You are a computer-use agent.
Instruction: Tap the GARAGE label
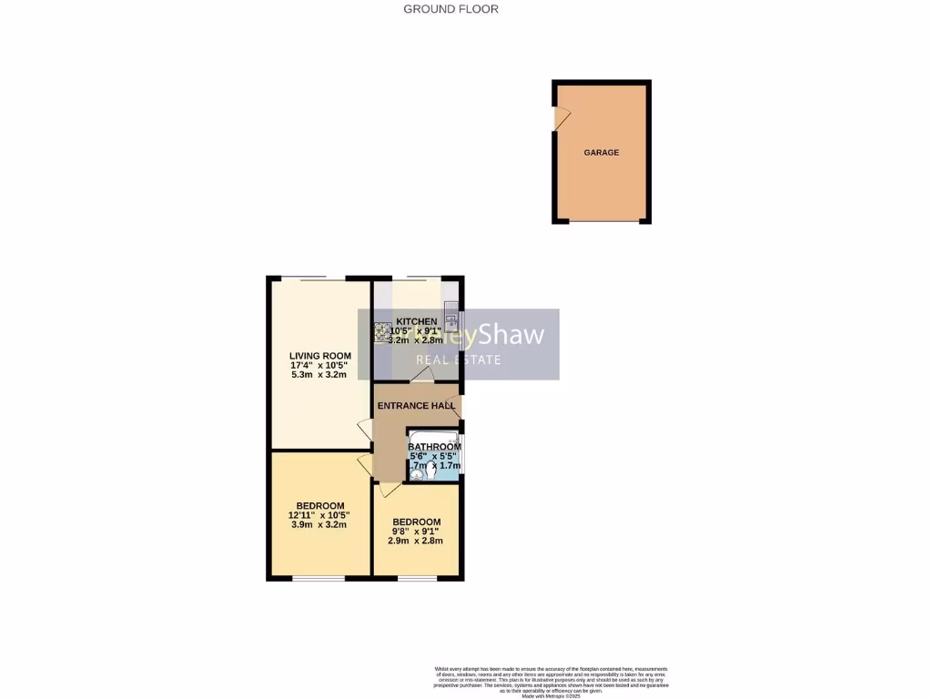601,152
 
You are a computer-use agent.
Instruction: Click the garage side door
562,118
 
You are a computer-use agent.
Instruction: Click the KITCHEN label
416,322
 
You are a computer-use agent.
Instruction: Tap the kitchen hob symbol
380,332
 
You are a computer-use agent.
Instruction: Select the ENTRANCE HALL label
416,406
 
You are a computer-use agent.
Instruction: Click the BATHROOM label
434,447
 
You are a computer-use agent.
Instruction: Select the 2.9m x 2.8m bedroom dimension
415,541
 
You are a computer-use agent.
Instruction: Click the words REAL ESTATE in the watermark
458,360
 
